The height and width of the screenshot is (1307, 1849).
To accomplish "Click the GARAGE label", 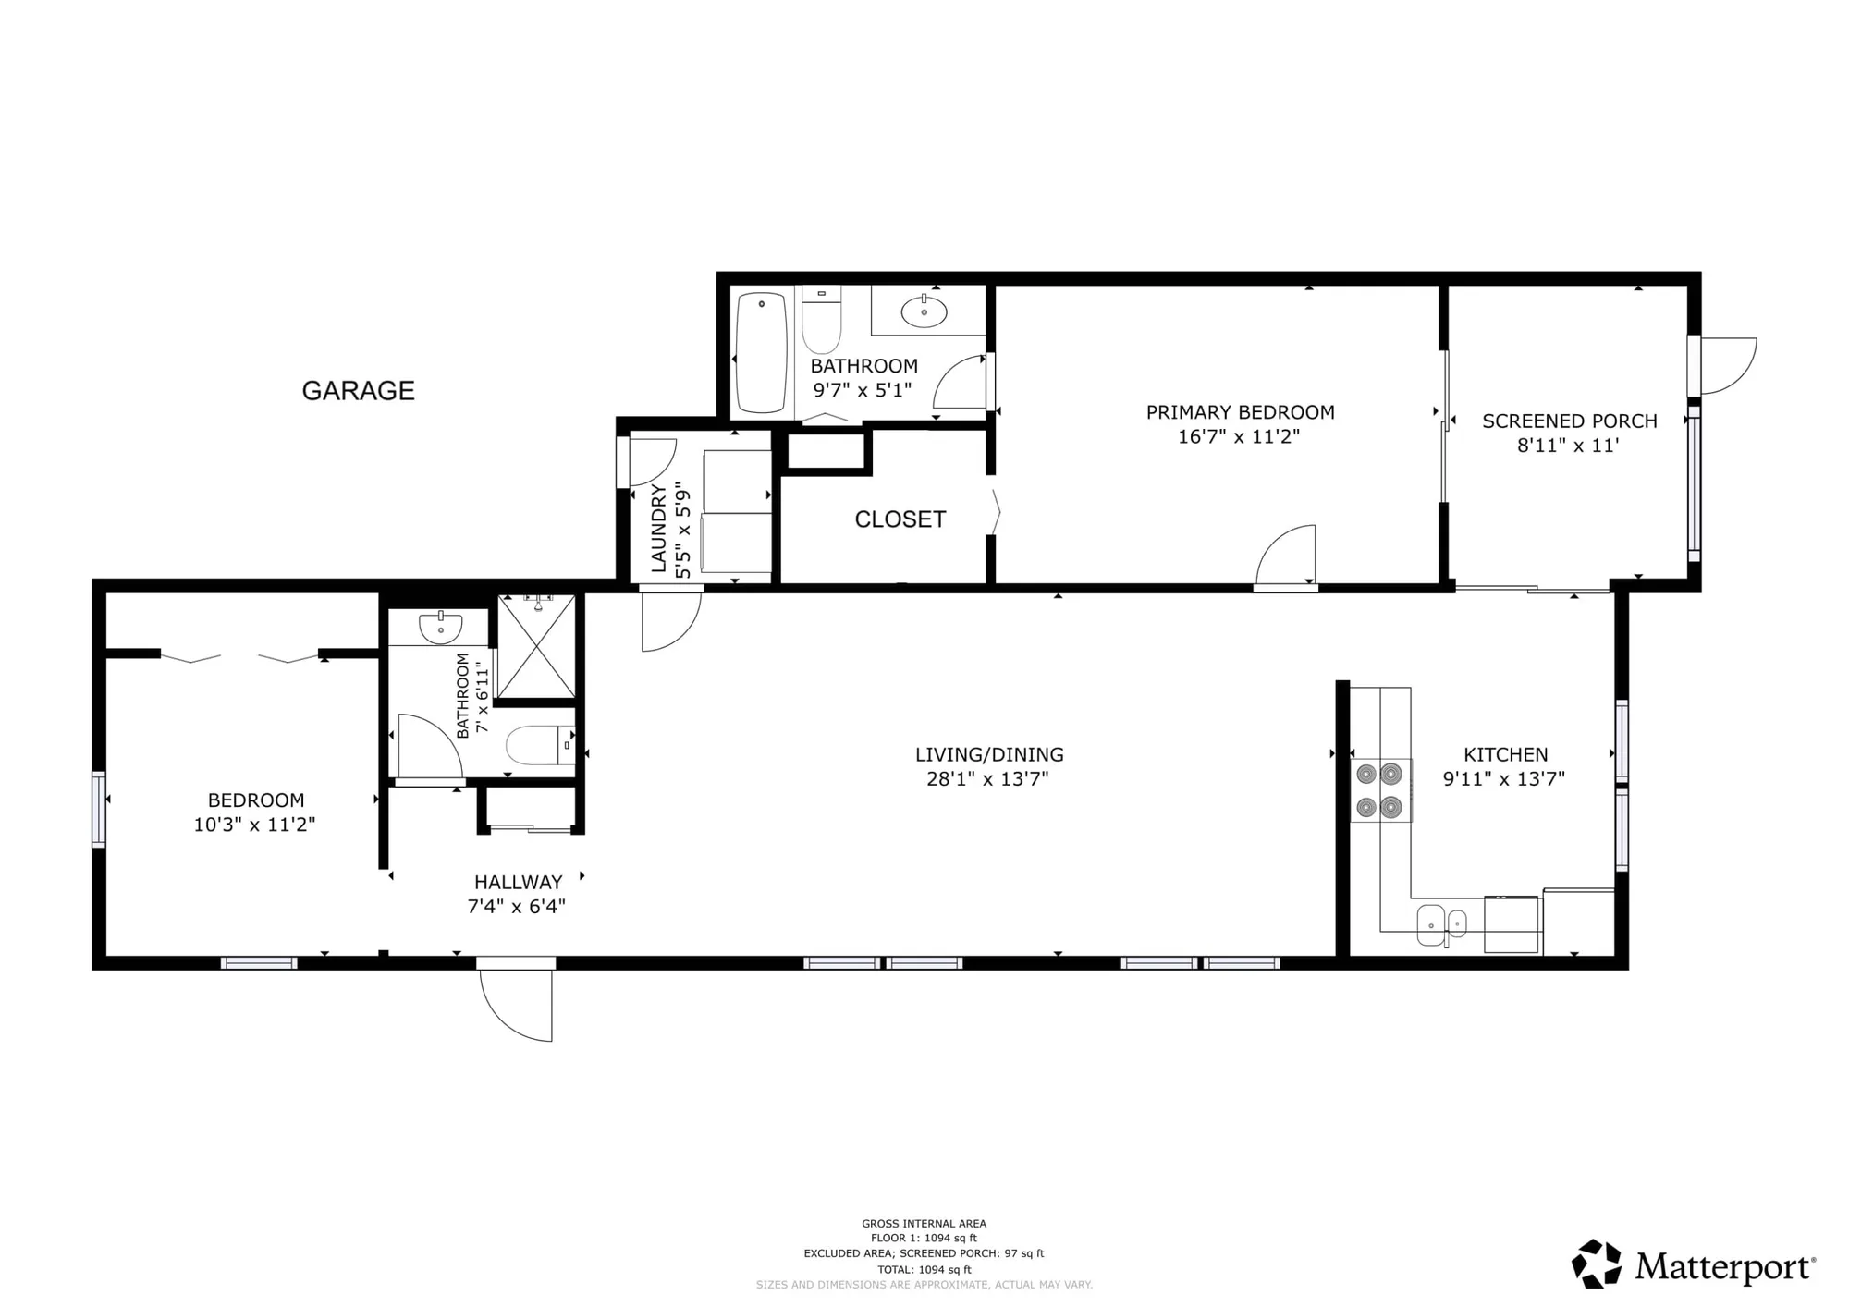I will coord(358,391).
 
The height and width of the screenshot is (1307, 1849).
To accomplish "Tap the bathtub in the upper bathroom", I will coord(761,353).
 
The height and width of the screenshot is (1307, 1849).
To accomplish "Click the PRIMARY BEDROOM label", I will coord(1240,412).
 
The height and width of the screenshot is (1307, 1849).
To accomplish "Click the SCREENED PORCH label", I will coord(1569,421).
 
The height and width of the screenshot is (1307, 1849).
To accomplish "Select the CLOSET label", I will coord(900,519).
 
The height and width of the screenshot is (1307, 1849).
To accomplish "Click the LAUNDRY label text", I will coord(659,528).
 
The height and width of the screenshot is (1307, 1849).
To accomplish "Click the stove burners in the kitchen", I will coord(1379,790).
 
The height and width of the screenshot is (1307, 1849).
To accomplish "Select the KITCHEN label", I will coord(1505,754).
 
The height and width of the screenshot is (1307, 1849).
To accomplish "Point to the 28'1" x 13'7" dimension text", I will coord(987,779).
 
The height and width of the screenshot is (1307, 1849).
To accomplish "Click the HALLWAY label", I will coord(518,882).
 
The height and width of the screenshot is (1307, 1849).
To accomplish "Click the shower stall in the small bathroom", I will coord(536,647).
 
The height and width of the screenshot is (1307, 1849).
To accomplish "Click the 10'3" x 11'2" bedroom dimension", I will coord(254,825).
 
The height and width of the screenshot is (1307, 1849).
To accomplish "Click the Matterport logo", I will coord(1693,1264).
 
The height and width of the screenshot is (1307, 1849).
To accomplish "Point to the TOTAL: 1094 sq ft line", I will coord(924,1269).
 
